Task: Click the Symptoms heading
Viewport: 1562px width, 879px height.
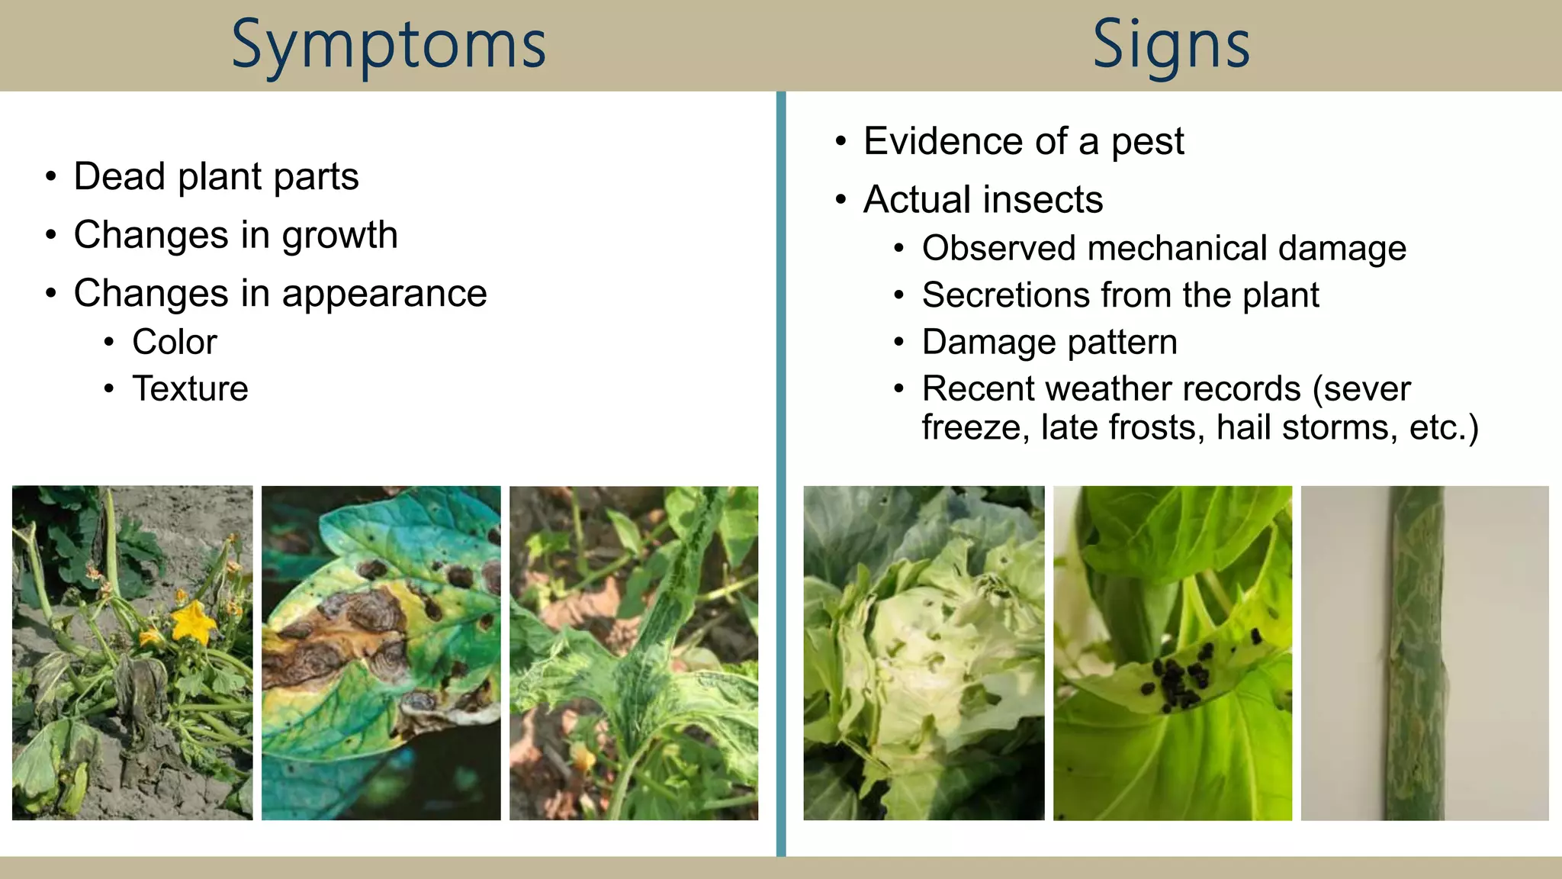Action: tap(389, 46)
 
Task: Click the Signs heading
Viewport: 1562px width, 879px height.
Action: tap(1171, 46)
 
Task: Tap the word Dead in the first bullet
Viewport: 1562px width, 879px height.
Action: tap(119, 177)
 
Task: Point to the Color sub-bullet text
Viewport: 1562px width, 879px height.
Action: tap(175, 342)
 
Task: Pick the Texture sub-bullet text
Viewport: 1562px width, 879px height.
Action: tap(190, 389)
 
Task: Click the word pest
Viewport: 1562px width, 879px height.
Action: tap(1147, 142)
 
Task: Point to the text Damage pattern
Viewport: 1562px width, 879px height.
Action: tap(1049, 342)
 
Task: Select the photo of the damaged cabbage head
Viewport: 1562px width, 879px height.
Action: tap(924, 653)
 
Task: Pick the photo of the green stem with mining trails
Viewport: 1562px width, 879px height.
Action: tap(1424, 653)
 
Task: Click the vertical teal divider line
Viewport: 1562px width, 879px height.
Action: tap(781, 473)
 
